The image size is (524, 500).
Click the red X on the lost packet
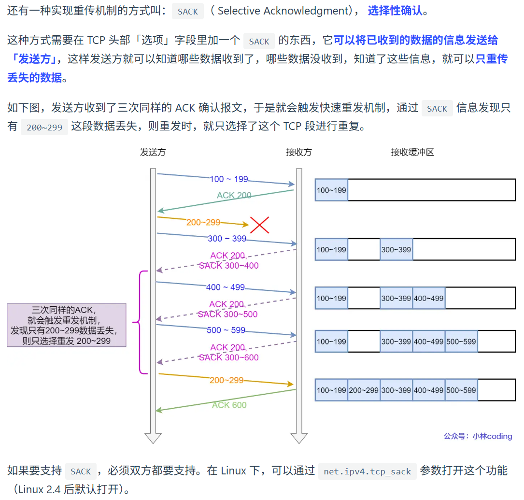pyautogui.click(x=259, y=225)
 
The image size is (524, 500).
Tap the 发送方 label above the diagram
pyautogui.click(x=153, y=152)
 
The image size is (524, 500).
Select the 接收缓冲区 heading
pyautogui.click(x=412, y=152)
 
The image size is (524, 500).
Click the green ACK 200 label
pyautogui.click(x=234, y=196)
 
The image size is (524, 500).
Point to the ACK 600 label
pyautogui.click(x=229, y=405)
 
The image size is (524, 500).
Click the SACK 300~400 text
pyautogui.click(x=228, y=266)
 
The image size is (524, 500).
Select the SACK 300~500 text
pyautogui.click(x=227, y=314)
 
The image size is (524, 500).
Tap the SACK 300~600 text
pyautogui.click(x=228, y=358)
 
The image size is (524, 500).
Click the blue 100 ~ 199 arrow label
pyautogui.click(x=228, y=179)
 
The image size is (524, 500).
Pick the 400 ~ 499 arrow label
pyautogui.click(x=226, y=287)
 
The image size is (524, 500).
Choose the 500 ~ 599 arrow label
pyautogui.click(x=226, y=330)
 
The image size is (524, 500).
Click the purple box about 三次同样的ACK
pyautogui.click(x=67, y=325)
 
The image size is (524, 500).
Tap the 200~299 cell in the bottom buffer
pyautogui.click(x=364, y=390)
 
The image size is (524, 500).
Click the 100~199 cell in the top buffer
pyautogui.click(x=331, y=190)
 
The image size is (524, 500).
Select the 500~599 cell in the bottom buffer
pyautogui.click(x=461, y=390)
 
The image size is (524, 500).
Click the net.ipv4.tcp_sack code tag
pyautogui.click(x=367, y=471)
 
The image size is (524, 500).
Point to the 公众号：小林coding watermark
pyautogui.click(x=478, y=436)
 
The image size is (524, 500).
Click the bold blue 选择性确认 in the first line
pyautogui.click(x=395, y=11)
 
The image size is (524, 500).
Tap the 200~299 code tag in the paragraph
pyautogui.click(x=44, y=128)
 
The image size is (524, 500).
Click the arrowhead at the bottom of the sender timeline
pyautogui.click(x=153, y=438)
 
